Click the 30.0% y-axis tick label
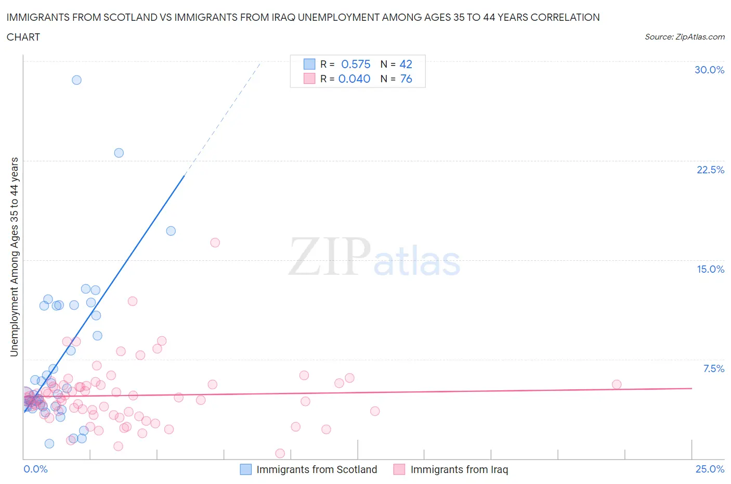point(709,70)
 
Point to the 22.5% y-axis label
point(710,170)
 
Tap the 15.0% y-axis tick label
point(710,269)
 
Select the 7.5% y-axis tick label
point(713,368)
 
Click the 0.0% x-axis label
point(35,469)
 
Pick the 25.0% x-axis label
point(710,469)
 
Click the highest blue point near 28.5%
point(76,80)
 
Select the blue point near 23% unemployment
point(119,153)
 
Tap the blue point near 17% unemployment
point(171,231)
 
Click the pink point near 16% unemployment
point(215,243)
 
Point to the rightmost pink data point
point(617,385)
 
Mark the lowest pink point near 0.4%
point(280,453)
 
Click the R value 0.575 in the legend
point(356,64)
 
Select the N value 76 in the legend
point(406,79)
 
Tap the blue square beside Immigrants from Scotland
point(245,469)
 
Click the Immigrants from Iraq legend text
point(459,469)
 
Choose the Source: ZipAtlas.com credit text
point(684,36)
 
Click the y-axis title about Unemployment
point(14,257)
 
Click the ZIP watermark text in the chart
point(329,257)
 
